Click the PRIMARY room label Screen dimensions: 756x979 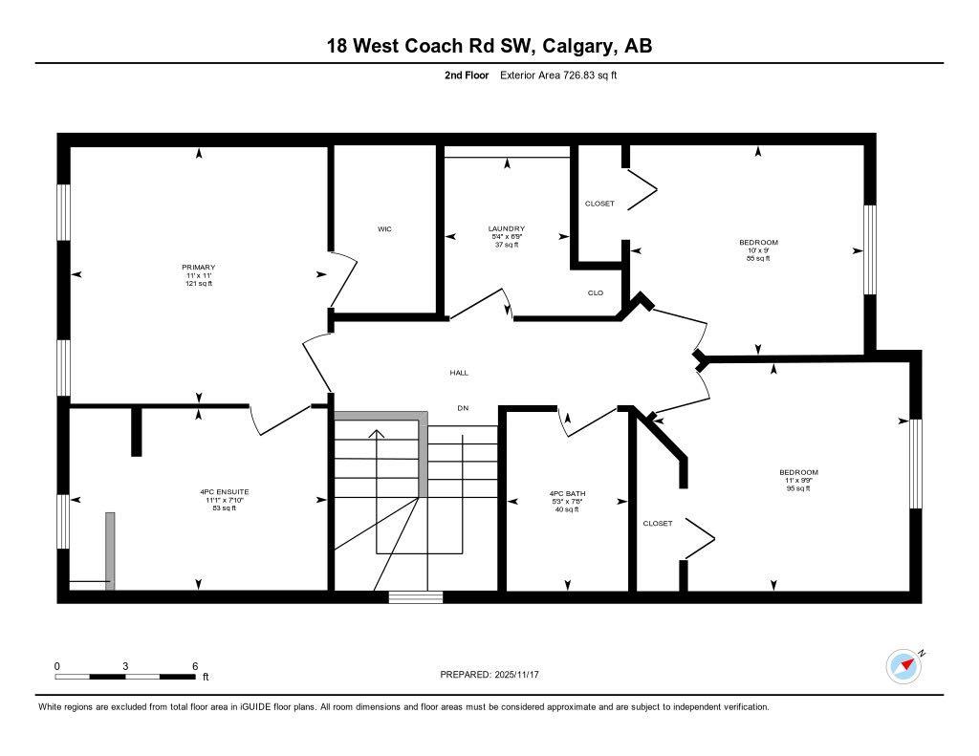[199, 268]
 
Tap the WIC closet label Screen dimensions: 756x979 [384, 229]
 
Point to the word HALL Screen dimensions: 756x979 [459, 373]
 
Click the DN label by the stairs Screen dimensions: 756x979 [463, 408]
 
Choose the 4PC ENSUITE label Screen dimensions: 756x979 [226, 492]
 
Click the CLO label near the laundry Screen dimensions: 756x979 [595, 292]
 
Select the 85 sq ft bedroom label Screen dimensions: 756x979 [757, 243]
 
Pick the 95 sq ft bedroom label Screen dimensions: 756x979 [798, 472]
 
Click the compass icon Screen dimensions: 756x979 [903, 666]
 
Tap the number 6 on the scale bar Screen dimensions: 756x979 [195, 666]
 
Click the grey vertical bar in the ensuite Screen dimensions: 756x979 [110, 551]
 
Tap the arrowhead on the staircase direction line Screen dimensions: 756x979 [377, 435]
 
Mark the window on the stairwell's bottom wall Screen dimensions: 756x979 [416, 597]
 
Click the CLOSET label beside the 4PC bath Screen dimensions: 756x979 [657, 523]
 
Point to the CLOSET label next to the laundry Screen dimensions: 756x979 [599, 204]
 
